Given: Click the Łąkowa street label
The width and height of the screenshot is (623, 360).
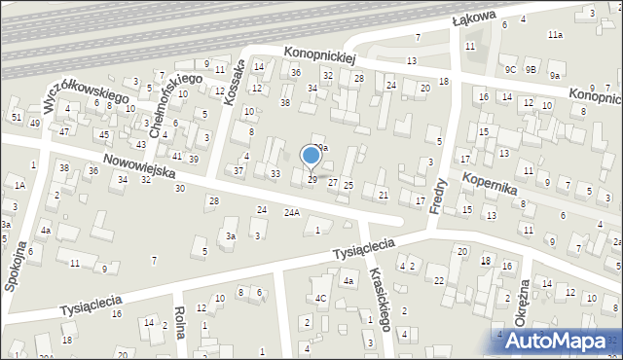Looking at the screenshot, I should [474, 19].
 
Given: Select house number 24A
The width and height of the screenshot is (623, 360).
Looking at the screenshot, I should [291, 212].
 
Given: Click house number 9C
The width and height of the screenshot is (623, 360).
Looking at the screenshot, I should [510, 69].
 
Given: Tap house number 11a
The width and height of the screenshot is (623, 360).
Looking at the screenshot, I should [554, 34].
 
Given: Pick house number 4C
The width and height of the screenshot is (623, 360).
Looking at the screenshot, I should [320, 298].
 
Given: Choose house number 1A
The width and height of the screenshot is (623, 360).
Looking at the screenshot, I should [18, 184].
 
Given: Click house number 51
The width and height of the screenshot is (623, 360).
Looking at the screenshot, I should [17, 117].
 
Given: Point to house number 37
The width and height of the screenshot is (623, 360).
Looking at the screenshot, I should [238, 170].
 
